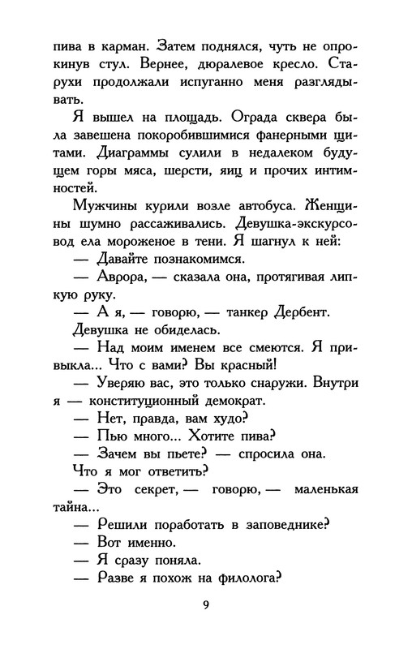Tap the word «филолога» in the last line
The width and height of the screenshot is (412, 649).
point(244,581)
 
